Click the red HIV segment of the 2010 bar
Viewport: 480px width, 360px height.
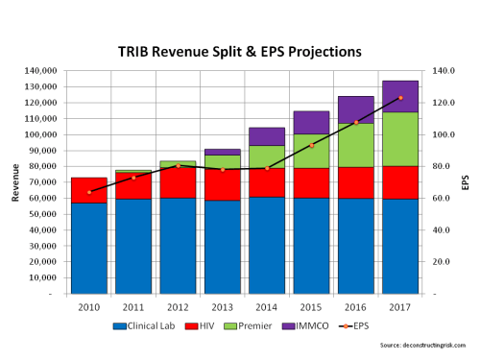click(x=88, y=190)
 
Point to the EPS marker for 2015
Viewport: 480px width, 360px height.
click(x=312, y=146)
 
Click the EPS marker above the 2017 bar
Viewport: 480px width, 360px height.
click(x=400, y=98)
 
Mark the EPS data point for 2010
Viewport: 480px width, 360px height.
click(x=88, y=192)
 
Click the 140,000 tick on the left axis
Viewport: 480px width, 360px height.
click(x=44, y=71)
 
